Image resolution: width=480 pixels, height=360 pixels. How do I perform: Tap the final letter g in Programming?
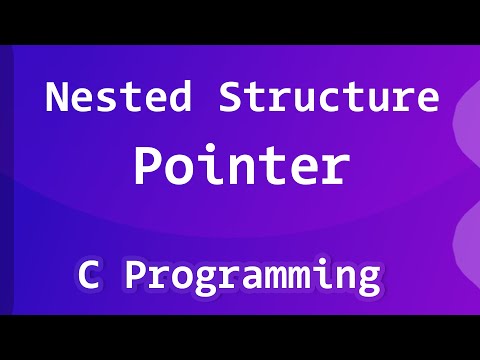coord(369,278)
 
